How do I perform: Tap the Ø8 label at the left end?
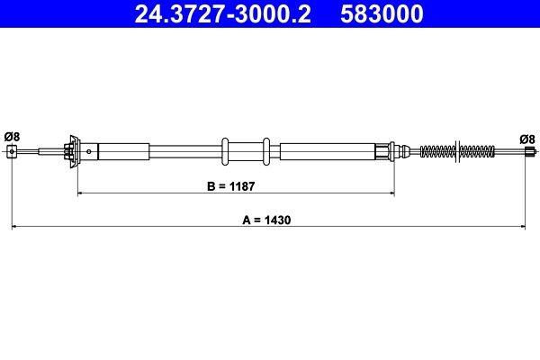click(x=12, y=137)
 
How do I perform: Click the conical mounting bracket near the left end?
click(x=71, y=150)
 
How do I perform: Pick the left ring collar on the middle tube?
click(x=224, y=150)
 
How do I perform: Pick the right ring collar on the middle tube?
click(x=266, y=150)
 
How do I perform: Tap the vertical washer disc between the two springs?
click(x=462, y=150)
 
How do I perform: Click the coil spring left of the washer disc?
click(x=438, y=150)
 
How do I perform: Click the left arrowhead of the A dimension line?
click(x=15, y=228)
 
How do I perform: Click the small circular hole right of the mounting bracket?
click(x=92, y=151)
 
